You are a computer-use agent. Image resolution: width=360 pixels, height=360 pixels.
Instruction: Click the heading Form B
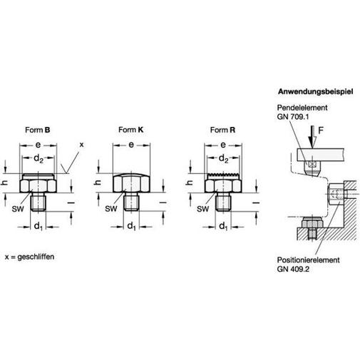[x=38, y=130]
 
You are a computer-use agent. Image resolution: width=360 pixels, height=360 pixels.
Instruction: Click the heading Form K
[x=131, y=130]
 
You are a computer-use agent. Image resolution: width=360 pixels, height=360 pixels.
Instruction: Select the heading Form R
[x=222, y=130]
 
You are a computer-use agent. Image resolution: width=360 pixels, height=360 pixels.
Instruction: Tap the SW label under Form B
[x=18, y=209]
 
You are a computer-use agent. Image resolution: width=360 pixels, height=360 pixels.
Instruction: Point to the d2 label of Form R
[x=223, y=158]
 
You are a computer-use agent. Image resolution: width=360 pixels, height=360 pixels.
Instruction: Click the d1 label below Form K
[x=131, y=226]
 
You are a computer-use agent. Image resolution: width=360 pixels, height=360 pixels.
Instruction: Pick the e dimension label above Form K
[x=131, y=145]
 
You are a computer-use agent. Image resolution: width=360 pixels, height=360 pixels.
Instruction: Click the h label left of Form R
[x=190, y=182]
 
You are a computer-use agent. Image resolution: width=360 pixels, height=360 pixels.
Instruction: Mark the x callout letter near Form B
[x=81, y=145]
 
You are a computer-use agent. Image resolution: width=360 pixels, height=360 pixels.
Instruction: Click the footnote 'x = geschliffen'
[x=30, y=257]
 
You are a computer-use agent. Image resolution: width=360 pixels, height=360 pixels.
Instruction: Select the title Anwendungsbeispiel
[x=316, y=91]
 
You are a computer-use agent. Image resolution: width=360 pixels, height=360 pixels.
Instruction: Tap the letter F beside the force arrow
[x=321, y=130]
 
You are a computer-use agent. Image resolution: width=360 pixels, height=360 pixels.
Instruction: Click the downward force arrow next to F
[x=311, y=138]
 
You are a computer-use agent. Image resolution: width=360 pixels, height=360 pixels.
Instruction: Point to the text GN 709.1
[x=293, y=117]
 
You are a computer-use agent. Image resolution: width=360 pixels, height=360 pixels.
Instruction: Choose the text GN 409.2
[x=293, y=269]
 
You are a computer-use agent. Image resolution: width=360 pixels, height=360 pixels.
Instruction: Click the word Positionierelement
[x=308, y=260]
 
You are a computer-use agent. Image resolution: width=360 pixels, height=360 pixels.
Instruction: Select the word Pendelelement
[x=302, y=108]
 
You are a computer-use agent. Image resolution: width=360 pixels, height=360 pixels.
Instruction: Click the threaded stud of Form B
[x=38, y=202]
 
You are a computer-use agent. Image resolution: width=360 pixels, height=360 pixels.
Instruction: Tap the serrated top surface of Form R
[x=223, y=175]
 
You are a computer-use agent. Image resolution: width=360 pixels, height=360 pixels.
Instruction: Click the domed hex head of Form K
[x=131, y=182]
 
